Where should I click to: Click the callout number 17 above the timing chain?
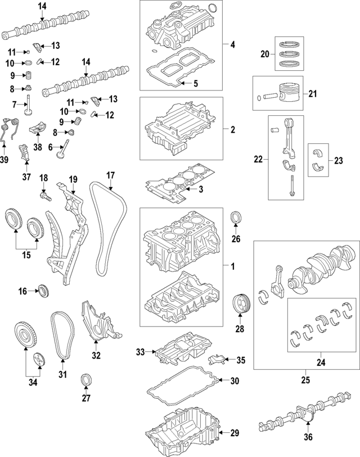coord(110,175)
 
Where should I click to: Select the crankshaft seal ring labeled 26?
coord(236,217)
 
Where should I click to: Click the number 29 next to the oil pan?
coord(234,433)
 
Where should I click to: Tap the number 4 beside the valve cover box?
coord(232,44)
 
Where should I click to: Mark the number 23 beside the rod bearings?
coord(338,160)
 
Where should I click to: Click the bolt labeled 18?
coord(43,197)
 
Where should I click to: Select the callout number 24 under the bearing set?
coord(320,363)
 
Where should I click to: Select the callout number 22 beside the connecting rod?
coord(258,160)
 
